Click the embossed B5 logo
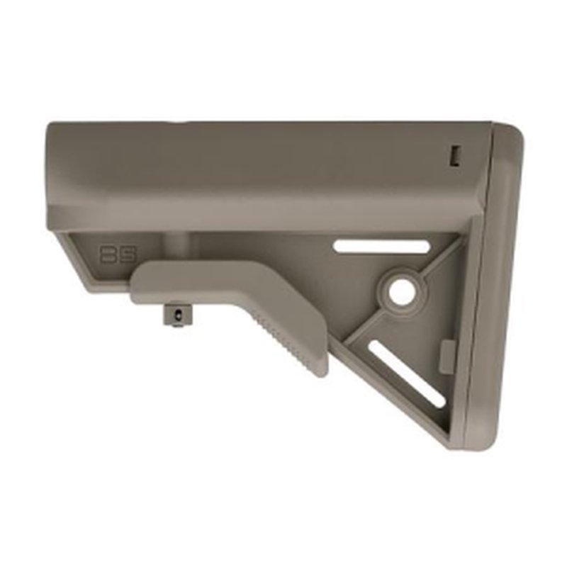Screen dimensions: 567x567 pyautogui.click(x=112, y=254)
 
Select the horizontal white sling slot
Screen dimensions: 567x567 pyautogui.click(x=382, y=247)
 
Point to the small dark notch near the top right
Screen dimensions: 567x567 pyautogui.click(x=456, y=155)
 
